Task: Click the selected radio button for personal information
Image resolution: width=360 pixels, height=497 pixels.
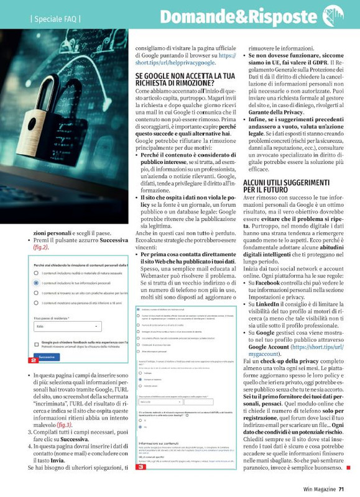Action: [x=37, y=282]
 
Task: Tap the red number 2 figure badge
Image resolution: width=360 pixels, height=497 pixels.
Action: [x=33, y=360]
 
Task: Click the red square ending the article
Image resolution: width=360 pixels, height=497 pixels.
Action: [x=348, y=467]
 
